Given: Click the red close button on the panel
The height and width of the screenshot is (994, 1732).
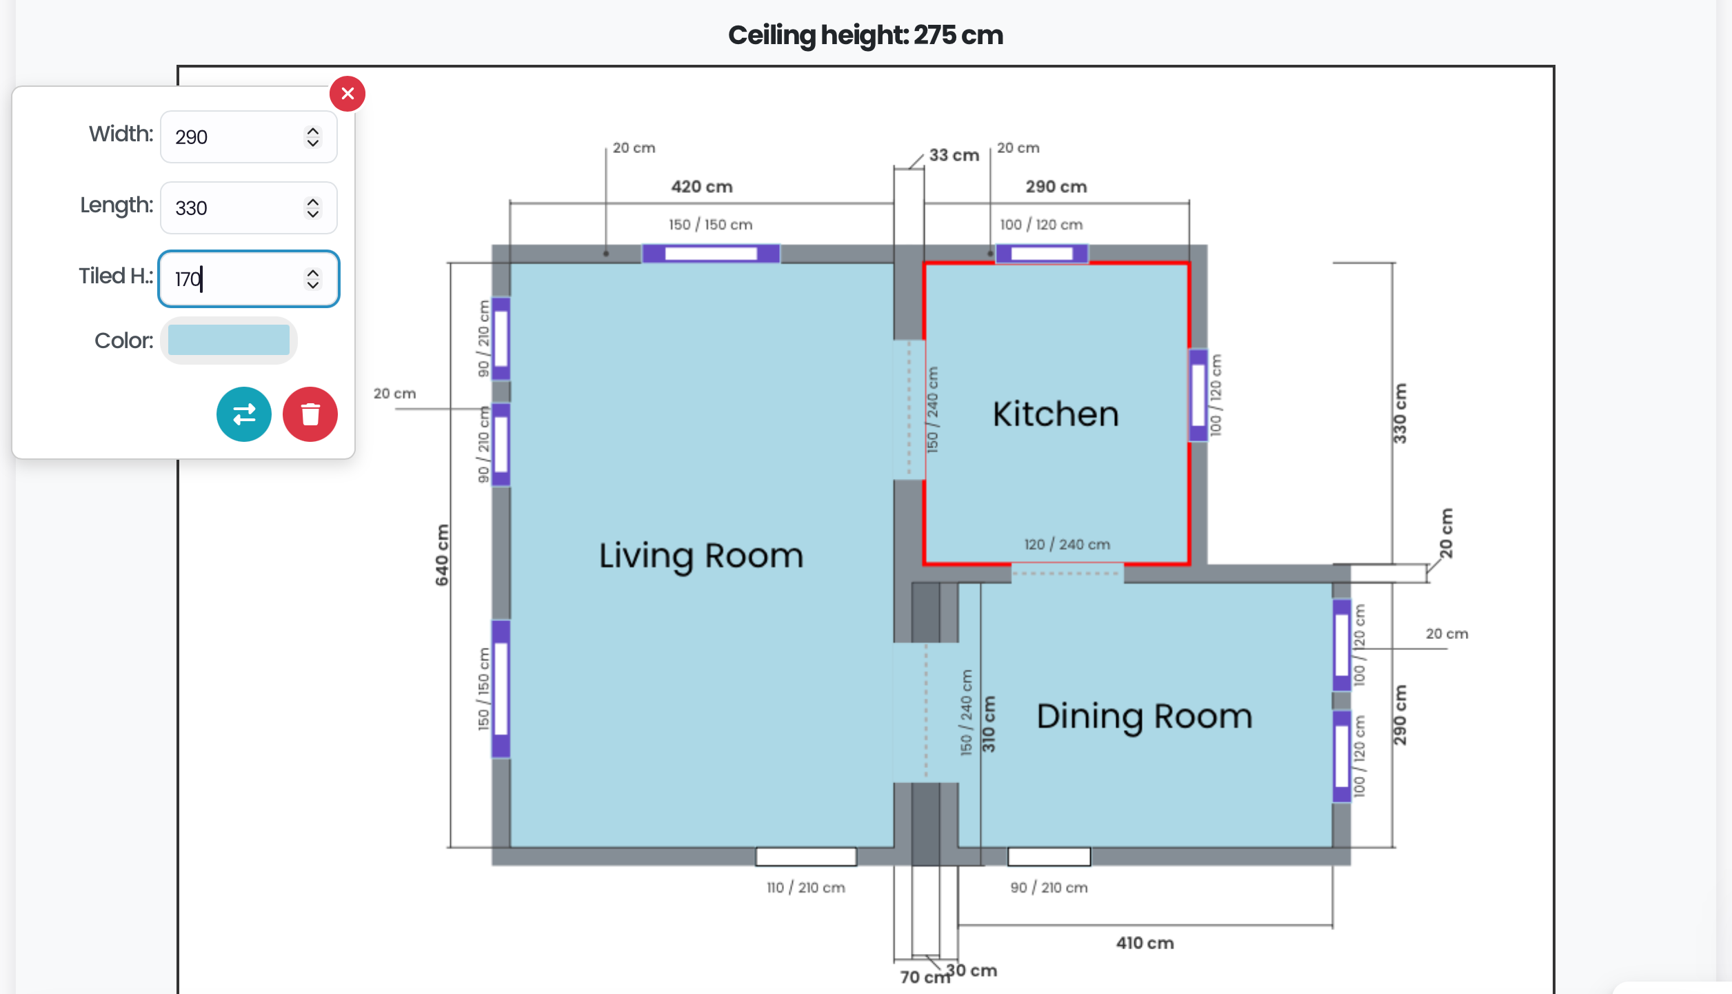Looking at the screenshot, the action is coord(348,94).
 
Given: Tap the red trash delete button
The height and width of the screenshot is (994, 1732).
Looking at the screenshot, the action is coord(310,414).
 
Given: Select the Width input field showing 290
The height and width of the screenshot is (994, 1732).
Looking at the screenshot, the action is coord(249,137).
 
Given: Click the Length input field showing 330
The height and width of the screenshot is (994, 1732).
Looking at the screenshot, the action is coord(249,208).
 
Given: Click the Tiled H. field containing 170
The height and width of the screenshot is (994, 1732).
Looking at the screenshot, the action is coord(249,278).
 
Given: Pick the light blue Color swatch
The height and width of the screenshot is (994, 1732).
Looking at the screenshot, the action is coord(229,341).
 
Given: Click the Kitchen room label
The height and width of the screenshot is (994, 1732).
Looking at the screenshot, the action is coord(1056,414).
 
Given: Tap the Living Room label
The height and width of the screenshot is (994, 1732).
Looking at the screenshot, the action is coord(701,556).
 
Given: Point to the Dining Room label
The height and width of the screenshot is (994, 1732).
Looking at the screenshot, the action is coord(1145,717).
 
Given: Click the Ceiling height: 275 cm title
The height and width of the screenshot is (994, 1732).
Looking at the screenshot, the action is coord(866,35).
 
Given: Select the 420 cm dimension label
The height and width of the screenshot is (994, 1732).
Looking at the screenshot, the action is coord(702,187).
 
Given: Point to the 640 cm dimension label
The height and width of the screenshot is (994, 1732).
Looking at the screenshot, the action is coord(442,556).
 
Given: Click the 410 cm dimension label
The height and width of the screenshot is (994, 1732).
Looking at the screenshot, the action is coord(1145,943).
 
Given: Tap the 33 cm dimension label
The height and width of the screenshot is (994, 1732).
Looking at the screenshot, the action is coord(954,155).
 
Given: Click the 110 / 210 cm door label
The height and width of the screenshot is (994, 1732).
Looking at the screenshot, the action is coord(806,888).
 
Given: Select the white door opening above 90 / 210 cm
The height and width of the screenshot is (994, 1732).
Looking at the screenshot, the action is coord(1049,857).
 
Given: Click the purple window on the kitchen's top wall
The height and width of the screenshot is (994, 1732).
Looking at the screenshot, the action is coord(1042,254).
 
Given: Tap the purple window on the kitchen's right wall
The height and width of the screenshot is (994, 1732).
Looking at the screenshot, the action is coord(1198,396).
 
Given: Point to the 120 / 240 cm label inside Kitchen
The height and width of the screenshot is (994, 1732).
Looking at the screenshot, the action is coord(1067,545).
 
